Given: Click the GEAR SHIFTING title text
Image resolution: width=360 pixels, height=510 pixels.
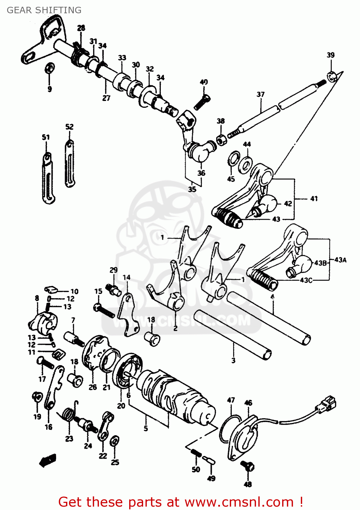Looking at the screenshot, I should (x=44, y=10).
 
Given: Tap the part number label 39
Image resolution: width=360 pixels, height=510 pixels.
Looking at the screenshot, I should (x=330, y=55).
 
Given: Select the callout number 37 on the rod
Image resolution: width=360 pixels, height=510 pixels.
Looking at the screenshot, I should (x=260, y=94).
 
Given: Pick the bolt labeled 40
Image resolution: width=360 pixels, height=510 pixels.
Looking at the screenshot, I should (x=202, y=102).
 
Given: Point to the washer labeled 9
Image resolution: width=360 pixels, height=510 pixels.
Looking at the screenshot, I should (x=49, y=68).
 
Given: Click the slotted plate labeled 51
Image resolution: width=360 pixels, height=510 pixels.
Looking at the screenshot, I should (x=48, y=178).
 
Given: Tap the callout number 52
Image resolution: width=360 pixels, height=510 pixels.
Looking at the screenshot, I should (x=69, y=126).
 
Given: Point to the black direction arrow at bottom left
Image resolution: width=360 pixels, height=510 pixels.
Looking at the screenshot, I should (x=47, y=460).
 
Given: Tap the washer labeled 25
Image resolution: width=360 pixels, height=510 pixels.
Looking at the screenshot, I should (x=115, y=441).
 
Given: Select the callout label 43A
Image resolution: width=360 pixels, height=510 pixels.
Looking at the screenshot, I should (x=340, y=260).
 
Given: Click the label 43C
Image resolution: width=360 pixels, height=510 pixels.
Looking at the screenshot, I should (x=306, y=280).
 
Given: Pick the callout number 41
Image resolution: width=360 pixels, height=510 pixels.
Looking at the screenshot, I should (x=314, y=198).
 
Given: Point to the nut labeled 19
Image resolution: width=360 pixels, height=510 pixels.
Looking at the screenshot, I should (x=37, y=397).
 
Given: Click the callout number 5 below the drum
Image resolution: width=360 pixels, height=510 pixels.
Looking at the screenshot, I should (x=145, y=428).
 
